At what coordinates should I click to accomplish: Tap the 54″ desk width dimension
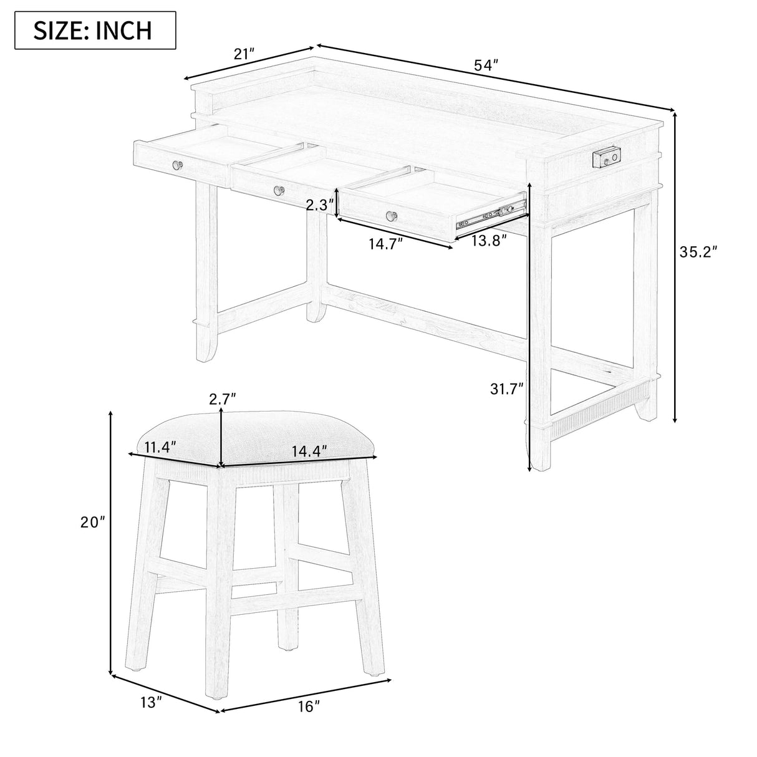(486, 65)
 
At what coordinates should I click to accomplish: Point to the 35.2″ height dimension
(699, 252)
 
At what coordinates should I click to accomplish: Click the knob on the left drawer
(177, 165)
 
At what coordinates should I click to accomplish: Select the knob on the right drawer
(393, 216)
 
